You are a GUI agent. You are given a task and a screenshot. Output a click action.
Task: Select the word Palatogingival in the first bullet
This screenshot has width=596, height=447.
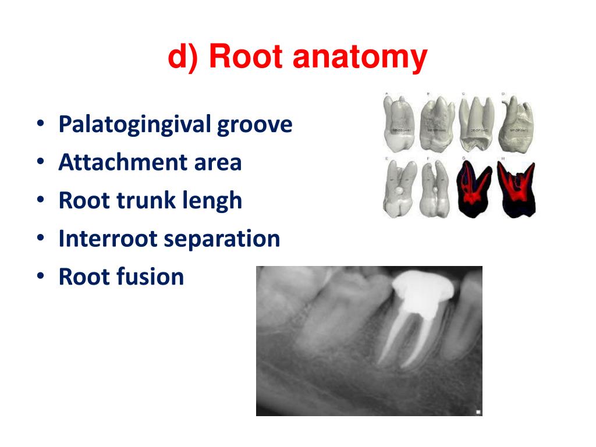[134, 125]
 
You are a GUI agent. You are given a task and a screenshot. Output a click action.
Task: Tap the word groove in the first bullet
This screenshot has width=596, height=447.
[255, 125]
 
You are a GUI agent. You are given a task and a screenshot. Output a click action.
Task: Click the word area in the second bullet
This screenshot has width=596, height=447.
[218, 162]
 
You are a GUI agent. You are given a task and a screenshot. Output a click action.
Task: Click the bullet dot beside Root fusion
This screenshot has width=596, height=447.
[40, 277]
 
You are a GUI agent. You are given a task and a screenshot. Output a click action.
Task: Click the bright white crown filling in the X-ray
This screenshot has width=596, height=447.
[420, 289]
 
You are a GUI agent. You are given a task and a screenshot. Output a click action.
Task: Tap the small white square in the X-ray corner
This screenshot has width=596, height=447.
[478, 412]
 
